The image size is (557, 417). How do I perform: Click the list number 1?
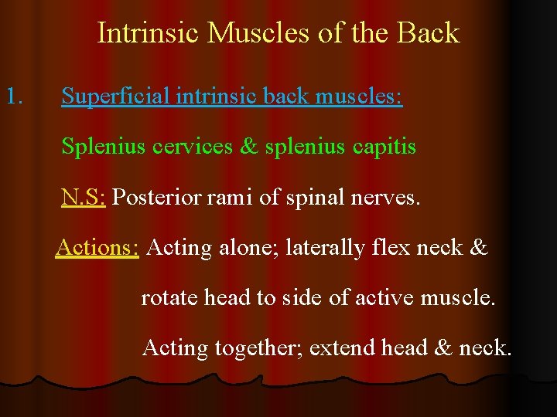pyautogui.click(x=15, y=97)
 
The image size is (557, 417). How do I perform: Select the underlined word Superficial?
pyautogui.click(x=116, y=97)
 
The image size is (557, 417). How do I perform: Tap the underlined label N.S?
pyautogui.click(x=84, y=198)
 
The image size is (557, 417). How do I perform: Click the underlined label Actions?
pyautogui.click(x=97, y=248)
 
